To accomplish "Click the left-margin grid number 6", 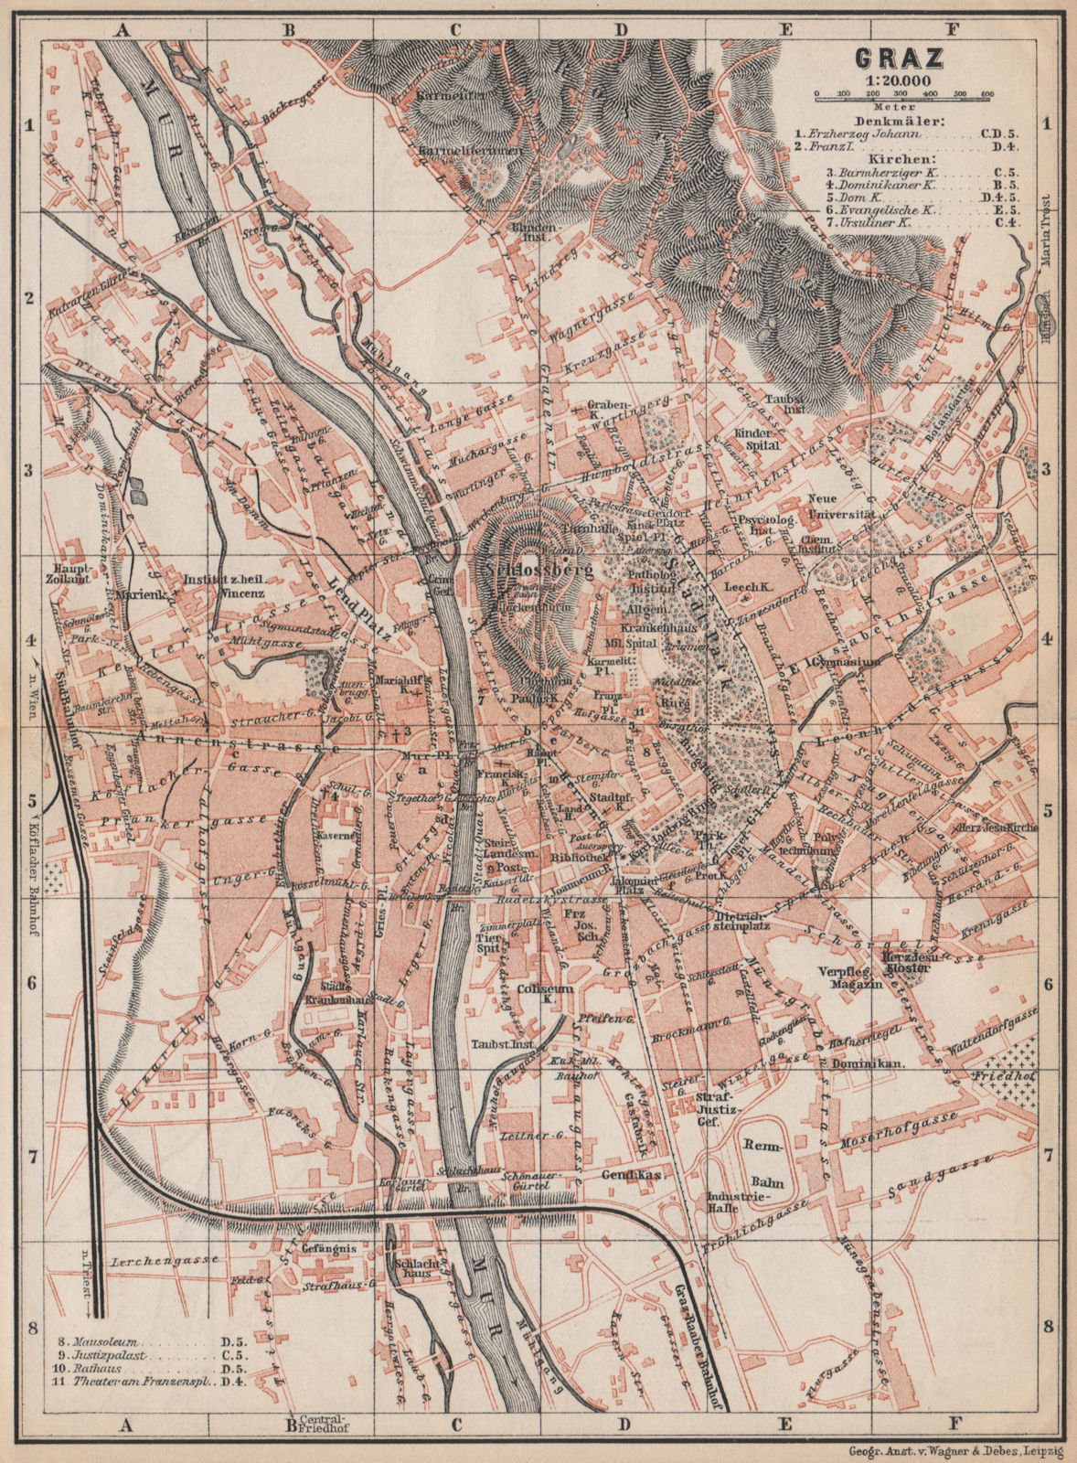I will tap(28, 983).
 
